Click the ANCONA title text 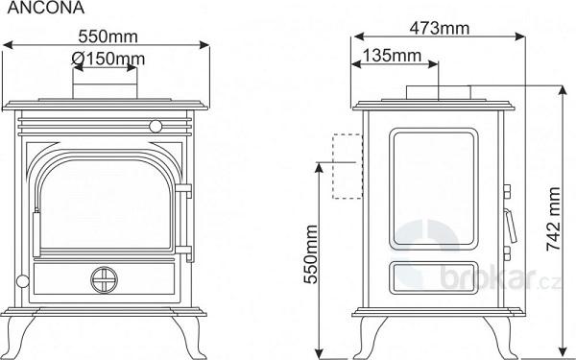coord(45,8)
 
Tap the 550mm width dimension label coord(108,36)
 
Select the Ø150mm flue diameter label coord(108,59)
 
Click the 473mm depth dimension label coord(440,28)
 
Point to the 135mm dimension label coord(392,56)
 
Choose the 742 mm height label coord(554,219)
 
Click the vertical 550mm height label coord(311,254)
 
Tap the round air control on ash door coord(105,280)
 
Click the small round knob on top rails coord(156,127)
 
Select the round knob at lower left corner coord(22,281)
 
